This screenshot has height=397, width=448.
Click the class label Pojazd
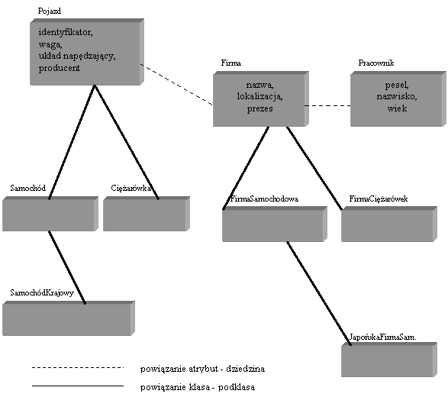[50, 11]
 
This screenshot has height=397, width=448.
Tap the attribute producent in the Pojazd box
[59, 68]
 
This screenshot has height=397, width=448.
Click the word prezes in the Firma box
[259, 109]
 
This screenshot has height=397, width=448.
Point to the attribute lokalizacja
[259, 97]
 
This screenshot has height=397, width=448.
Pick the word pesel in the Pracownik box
[397, 85]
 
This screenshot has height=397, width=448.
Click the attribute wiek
[397, 108]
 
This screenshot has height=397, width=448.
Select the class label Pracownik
[376, 63]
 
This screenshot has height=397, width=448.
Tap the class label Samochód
[27, 188]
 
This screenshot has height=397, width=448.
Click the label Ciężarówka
[131, 188]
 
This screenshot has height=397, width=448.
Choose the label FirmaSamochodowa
[264, 198]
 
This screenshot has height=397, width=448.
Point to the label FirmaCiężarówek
[379, 198]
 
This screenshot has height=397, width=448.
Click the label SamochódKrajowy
[42, 292]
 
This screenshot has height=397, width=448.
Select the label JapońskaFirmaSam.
[383, 337]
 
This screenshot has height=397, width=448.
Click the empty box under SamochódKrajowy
[69, 318]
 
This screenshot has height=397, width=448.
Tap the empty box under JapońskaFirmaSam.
[389, 360]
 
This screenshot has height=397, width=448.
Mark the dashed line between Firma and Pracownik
[327, 106]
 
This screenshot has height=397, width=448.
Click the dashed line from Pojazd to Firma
[176, 85]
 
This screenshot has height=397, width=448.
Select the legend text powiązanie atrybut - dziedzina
[202, 369]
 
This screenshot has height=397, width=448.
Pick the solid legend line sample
[78, 386]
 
